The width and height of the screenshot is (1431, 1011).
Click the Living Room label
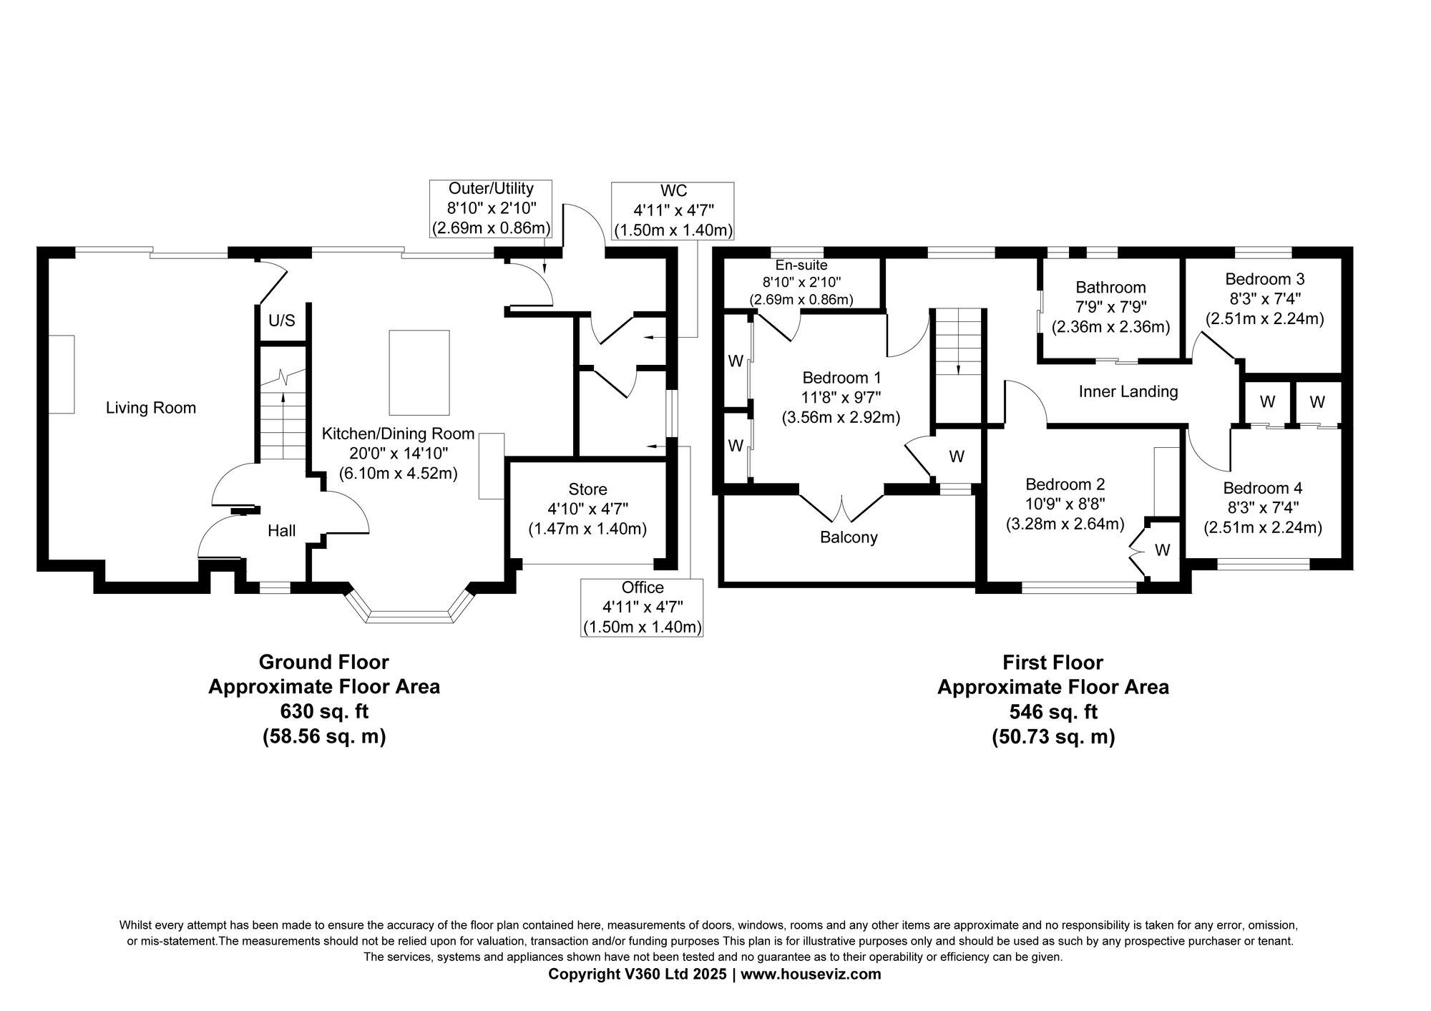[151, 408]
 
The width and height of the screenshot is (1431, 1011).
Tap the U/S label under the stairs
[282, 321]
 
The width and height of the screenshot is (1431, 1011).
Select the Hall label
[282, 531]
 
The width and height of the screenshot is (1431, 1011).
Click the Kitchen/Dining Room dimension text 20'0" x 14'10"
[398, 454]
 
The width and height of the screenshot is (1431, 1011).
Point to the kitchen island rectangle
[419, 372]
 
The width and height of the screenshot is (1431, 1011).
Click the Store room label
[588, 489]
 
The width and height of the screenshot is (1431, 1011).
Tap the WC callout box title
[674, 190]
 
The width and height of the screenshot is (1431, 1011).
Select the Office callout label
[643, 587]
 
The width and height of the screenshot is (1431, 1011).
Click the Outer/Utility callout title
[491, 189]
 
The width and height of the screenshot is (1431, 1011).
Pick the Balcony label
[849, 537]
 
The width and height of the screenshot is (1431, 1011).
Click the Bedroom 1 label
[842, 378]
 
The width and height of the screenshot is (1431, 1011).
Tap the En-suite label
[801, 265]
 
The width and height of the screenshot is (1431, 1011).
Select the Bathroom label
[1111, 288]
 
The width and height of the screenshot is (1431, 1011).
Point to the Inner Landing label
[1128, 391]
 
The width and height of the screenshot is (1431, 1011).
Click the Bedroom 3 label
[1265, 279]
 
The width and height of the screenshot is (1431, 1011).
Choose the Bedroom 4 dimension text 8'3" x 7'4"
[1263, 508]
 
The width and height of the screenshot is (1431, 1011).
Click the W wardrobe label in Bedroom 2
[1163, 550]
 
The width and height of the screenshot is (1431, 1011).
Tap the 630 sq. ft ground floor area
[324, 711]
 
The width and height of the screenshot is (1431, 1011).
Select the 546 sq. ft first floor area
[1053, 712]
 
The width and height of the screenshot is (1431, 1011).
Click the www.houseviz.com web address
[811, 975]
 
